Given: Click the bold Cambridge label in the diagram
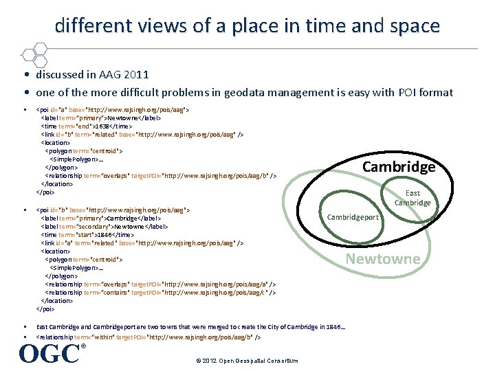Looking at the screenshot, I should (399, 167).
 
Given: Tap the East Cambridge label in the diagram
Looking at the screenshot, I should (412, 198).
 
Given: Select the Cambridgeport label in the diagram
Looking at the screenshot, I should (353, 217).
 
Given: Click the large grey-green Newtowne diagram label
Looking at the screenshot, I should (382, 258).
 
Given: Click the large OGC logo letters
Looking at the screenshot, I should (49, 353).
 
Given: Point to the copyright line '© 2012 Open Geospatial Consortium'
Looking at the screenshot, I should (246, 361).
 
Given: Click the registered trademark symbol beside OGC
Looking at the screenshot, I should (84, 346).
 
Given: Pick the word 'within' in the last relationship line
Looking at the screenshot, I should (111, 337).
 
